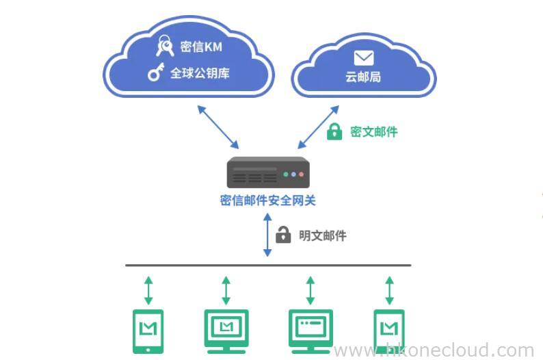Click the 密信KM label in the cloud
pos(201,47)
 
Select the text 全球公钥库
pos(200,73)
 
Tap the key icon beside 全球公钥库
pos(156,72)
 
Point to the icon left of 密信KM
pos(165,46)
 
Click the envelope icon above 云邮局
pos(363,57)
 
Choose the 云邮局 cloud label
pos(363,77)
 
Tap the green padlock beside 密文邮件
pos(334,131)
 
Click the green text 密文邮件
pos(373,132)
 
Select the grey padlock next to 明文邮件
pos(283,235)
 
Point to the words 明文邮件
pos(323,235)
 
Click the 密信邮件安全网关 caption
pos(267,201)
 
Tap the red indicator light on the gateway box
pos(287,175)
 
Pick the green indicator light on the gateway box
pos(302,175)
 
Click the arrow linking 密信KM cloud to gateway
pos(218,127)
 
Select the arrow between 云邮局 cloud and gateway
pos(318,127)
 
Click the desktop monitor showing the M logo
pos(226,329)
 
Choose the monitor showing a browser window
pos(310,329)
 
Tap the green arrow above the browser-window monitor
pos(310,290)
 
